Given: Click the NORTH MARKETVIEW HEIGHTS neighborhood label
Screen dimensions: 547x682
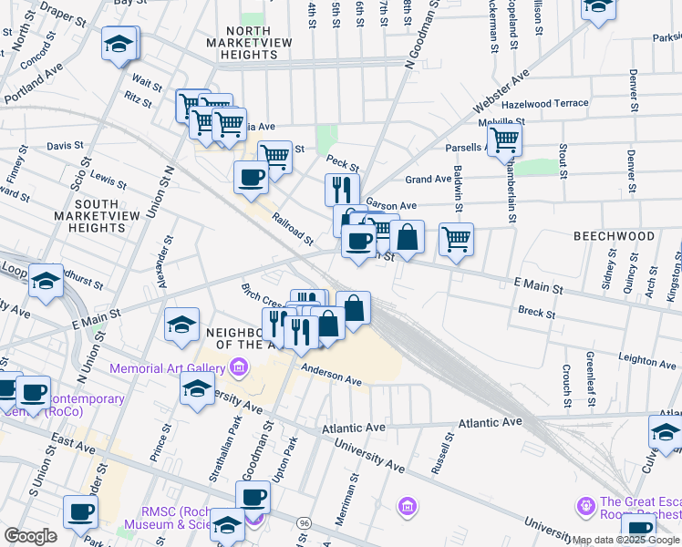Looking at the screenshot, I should tap(239, 43).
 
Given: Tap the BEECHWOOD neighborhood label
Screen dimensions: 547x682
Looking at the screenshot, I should tap(614, 236).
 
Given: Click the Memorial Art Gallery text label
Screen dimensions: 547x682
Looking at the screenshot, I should tap(167, 368).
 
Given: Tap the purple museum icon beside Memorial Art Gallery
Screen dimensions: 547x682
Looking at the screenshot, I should tap(239, 368).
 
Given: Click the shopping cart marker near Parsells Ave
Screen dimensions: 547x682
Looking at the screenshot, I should tap(504, 141).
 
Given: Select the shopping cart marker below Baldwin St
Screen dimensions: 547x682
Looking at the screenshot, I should tap(456, 240).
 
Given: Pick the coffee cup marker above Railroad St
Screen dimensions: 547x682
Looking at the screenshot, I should tap(251, 177).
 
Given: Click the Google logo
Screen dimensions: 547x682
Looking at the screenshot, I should tap(30, 536).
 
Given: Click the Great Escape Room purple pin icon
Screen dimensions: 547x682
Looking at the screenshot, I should tap(585, 503).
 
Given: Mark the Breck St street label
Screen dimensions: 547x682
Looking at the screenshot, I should tap(536, 313).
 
